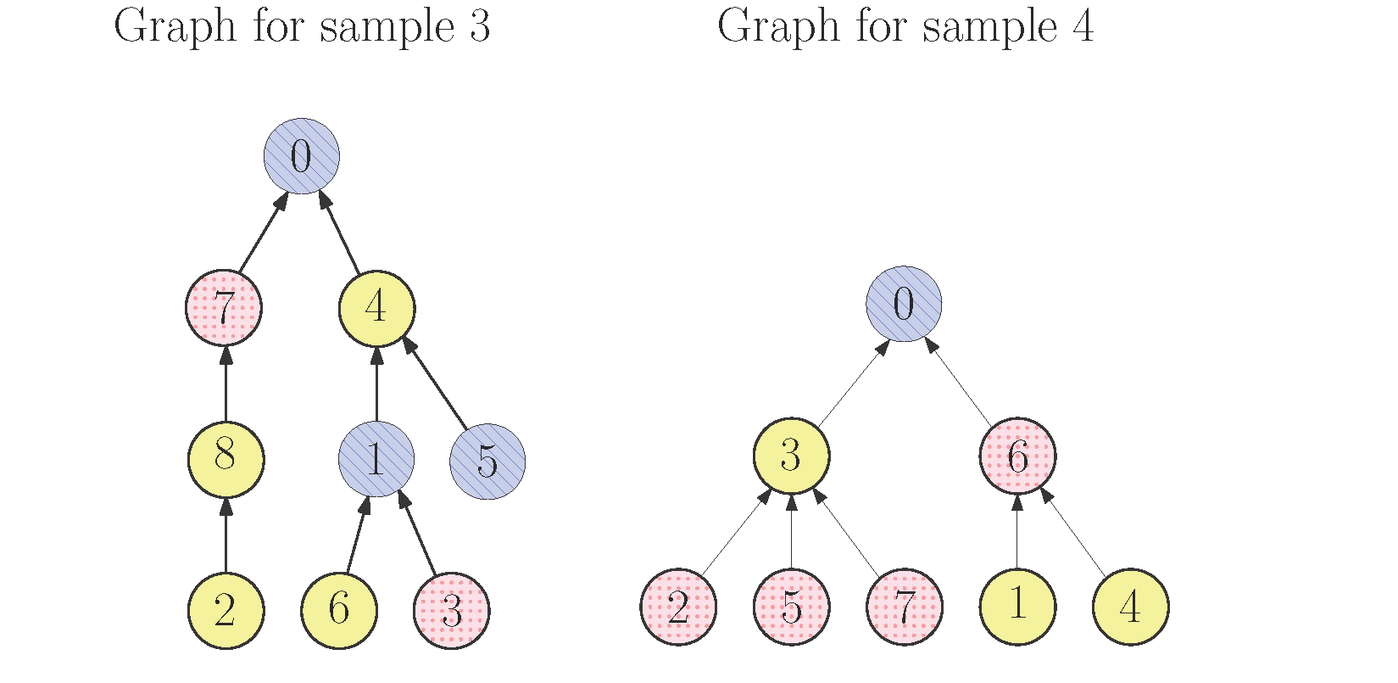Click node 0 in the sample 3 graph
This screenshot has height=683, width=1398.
tap(302, 156)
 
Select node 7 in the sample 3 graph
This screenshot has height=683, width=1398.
tap(224, 308)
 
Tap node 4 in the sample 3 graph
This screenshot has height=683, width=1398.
tap(376, 308)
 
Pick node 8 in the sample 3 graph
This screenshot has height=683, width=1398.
tap(226, 459)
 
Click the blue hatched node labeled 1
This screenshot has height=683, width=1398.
tap(376, 459)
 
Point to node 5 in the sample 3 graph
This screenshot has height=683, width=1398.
tap(487, 461)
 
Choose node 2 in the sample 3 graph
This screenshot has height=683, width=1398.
tap(226, 611)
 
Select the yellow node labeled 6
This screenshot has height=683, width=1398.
tap(339, 611)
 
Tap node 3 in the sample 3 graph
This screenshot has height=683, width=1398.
tap(452, 611)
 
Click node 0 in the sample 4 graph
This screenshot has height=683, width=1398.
tap(904, 304)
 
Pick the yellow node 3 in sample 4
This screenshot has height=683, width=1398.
tap(791, 456)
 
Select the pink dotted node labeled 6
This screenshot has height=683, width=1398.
tap(1017, 456)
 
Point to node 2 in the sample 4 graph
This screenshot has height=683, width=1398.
tap(678, 607)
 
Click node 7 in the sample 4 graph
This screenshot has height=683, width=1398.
tap(904, 607)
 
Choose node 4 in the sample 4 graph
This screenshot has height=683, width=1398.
tap(1131, 607)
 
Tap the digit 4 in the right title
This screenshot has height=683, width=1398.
tap(1083, 27)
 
